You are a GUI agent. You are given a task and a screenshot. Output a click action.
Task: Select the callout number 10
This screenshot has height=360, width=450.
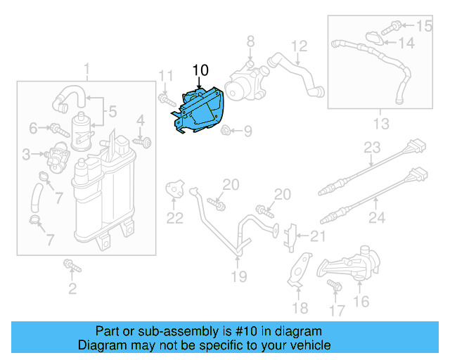coord(200,70)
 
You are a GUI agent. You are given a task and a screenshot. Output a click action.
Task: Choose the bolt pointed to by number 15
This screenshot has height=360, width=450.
coord(395,27)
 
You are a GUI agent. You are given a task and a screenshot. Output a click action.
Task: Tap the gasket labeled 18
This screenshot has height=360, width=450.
coord(300,270)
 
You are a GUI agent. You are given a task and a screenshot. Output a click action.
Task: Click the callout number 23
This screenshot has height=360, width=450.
coord(371,148)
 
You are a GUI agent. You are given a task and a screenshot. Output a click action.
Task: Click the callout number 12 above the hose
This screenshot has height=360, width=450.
coord(300,47)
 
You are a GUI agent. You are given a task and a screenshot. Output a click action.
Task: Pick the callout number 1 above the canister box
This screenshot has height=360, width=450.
coord(87,70)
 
